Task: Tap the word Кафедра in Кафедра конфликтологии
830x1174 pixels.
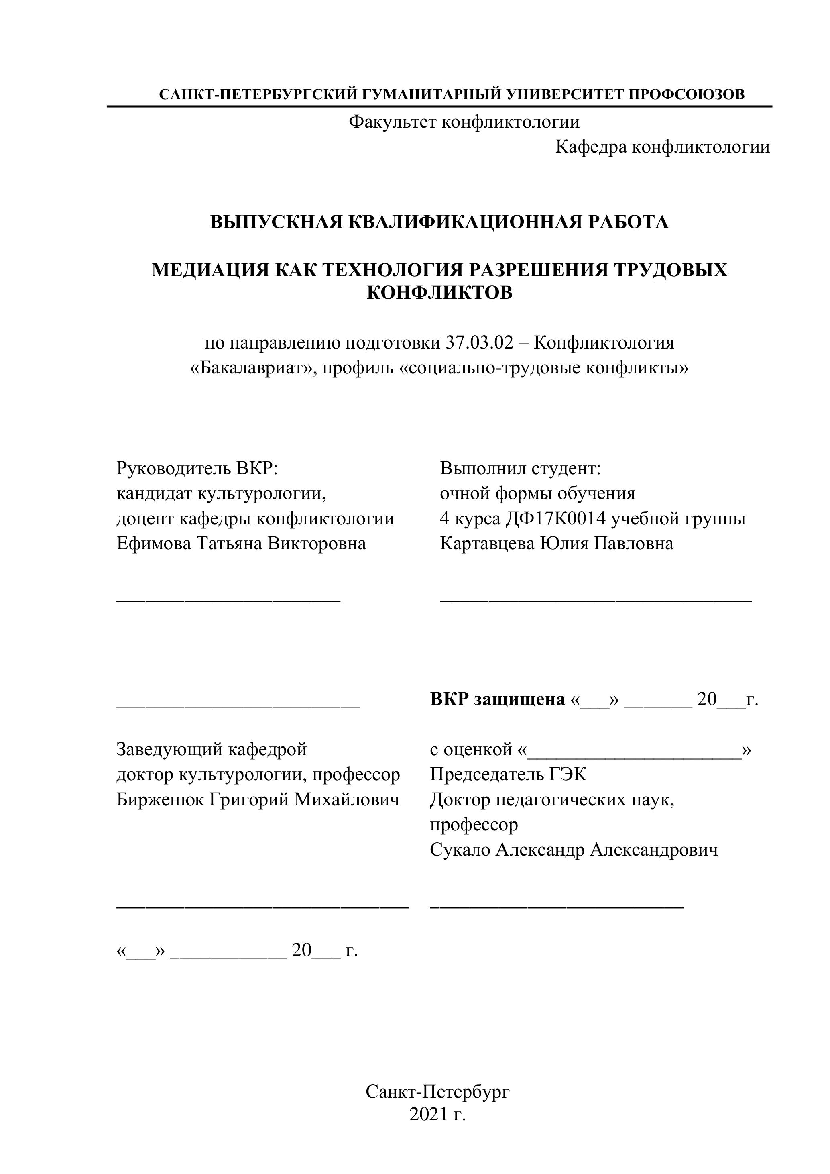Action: (x=591, y=147)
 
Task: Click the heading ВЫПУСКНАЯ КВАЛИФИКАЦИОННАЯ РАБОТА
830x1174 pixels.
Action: (x=439, y=222)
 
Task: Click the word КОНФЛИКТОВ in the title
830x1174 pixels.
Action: (x=439, y=293)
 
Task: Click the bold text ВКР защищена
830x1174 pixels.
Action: (x=498, y=699)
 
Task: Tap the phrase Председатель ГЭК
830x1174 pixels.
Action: (x=508, y=774)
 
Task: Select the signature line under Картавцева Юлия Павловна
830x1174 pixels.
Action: (x=596, y=600)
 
